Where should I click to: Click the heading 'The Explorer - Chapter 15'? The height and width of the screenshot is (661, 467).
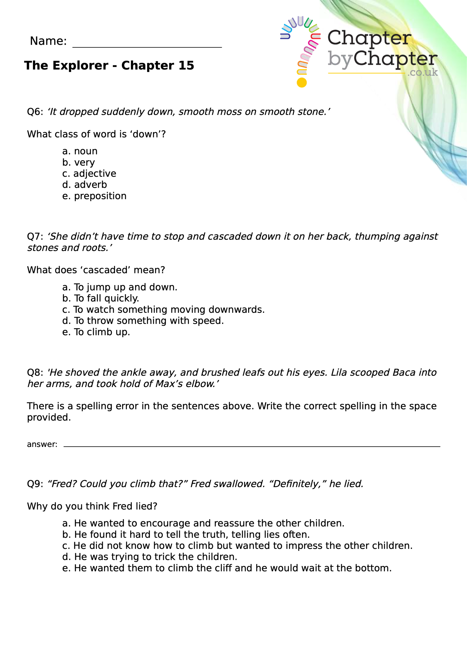(x=109, y=65)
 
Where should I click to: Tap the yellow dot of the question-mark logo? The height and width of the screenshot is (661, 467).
(x=302, y=83)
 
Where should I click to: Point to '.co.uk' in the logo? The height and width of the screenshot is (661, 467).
(x=422, y=72)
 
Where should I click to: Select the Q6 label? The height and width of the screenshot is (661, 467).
(x=35, y=112)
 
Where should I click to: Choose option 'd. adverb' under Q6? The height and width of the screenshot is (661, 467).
(x=84, y=185)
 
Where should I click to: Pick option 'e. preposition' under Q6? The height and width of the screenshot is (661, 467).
(x=94, y=196)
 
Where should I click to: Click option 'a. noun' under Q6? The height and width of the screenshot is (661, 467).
(x=80, y=151)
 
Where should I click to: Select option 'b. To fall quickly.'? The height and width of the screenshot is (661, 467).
(x=100, y=298)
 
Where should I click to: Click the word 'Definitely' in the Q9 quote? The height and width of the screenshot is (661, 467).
(x=297, y=484)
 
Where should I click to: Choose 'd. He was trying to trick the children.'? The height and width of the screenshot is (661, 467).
(x=149, y=557)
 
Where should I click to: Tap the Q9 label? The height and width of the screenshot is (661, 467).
(x=35, y=484)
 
